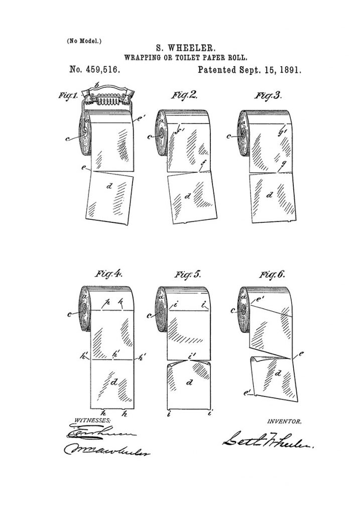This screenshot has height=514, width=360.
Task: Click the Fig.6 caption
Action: tap(272, 275)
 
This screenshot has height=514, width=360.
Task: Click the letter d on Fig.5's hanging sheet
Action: tap(189, 383)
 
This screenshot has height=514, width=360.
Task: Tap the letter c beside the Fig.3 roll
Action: tap(229, 136)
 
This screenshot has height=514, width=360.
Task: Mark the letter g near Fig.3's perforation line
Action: tap(283, 163)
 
